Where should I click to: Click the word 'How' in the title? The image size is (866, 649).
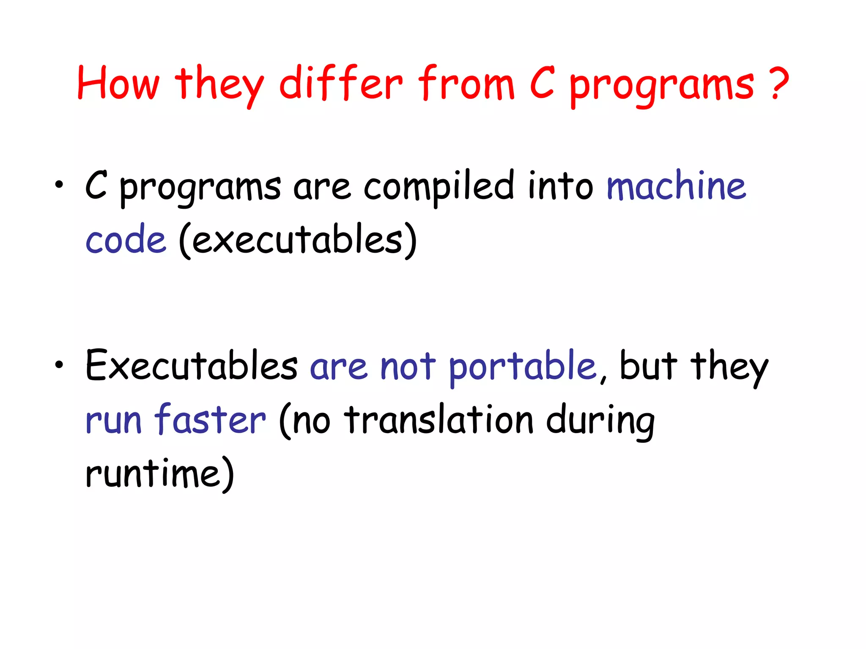pyautogui.click(x=118, y=83)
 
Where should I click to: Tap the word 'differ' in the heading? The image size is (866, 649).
pyautogui.click(x=341, y=83)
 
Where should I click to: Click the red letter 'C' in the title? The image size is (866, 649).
pyautogui.click(x=542, y=83)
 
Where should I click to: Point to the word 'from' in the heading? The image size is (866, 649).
pyautogui.click(x=466, y=83)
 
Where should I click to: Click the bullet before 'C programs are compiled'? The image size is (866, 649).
pyautogui.click(x=59, y=185)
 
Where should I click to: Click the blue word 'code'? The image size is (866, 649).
pyautogui.click(x=126, y=240)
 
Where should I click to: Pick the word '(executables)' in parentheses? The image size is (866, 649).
pyautogui.click(x=298, y=240)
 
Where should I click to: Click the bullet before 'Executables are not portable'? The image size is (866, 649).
pyautogui.click(x=59, y=364)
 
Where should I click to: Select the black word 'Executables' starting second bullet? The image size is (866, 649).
pyautogui.click(x=191, y=365)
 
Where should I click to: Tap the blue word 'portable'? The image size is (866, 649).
pyautogui.click(x=522, y=367)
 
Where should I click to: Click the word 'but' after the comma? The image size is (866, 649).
pyautogui.click(x=648, y=365)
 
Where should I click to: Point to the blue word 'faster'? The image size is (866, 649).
pyautogui.click(x=210, y=419)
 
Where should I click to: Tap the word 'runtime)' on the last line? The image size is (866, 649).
pyautogui.click(x=160, y=473)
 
